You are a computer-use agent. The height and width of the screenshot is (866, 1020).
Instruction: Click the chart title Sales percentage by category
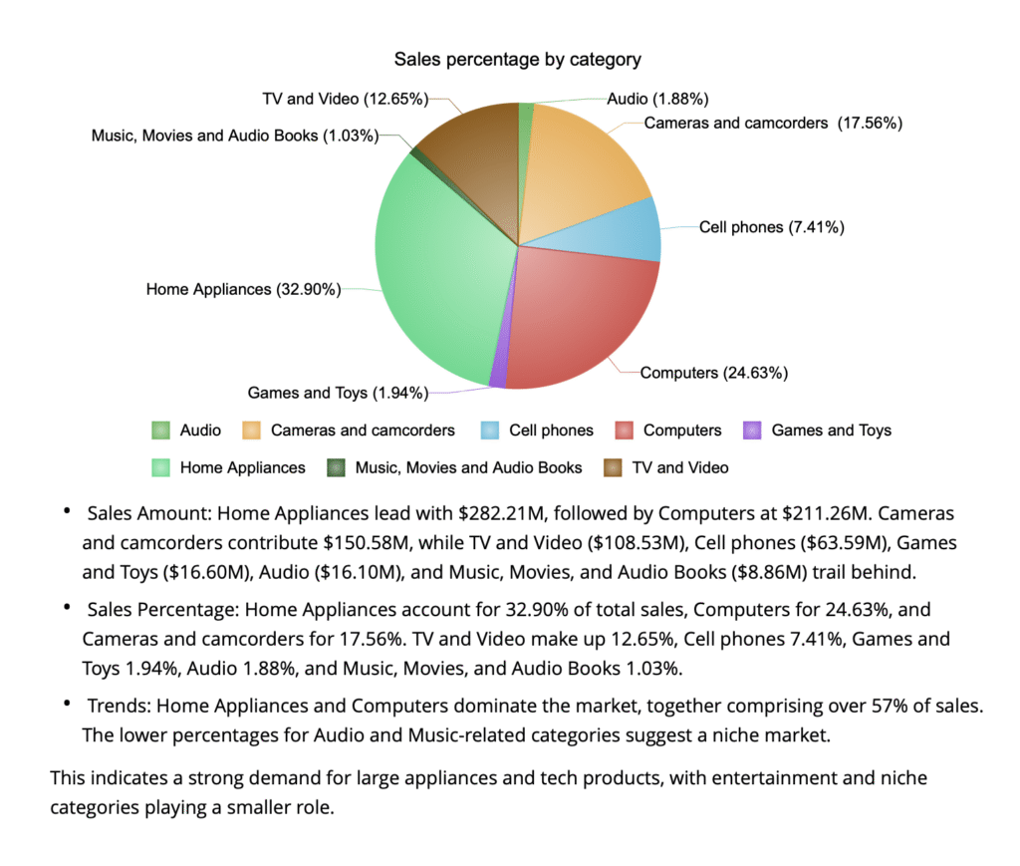pyautogui.click(x=517, y=60)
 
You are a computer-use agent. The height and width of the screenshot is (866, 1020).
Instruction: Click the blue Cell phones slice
pyautogui.click(x=623, y=231)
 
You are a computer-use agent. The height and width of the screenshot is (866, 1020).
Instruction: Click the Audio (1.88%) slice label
pyautogui.click(x=657, y=99)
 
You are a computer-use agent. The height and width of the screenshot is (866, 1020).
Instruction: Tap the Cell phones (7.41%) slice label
pyautogui.click(x=772, y=227)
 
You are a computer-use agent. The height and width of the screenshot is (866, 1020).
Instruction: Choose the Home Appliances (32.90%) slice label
pyautogui.click(x=243, y=289)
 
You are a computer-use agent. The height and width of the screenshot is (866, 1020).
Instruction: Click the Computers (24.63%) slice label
pyautogui.click(x=714, y=373)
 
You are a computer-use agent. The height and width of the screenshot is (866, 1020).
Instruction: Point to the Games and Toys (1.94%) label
pyautogui.click(x=338, y=393)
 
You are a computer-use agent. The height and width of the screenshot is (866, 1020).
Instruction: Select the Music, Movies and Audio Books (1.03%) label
pyautogui.click(x=234, y=136)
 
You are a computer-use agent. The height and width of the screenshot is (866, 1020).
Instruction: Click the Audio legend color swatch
pyautogui.click(x=161, y=431)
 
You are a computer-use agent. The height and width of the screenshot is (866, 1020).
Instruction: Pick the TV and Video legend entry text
pyautogui.click(x=680, y=467)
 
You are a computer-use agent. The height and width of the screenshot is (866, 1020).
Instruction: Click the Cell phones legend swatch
pyautogui.click(x=490, y=431)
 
